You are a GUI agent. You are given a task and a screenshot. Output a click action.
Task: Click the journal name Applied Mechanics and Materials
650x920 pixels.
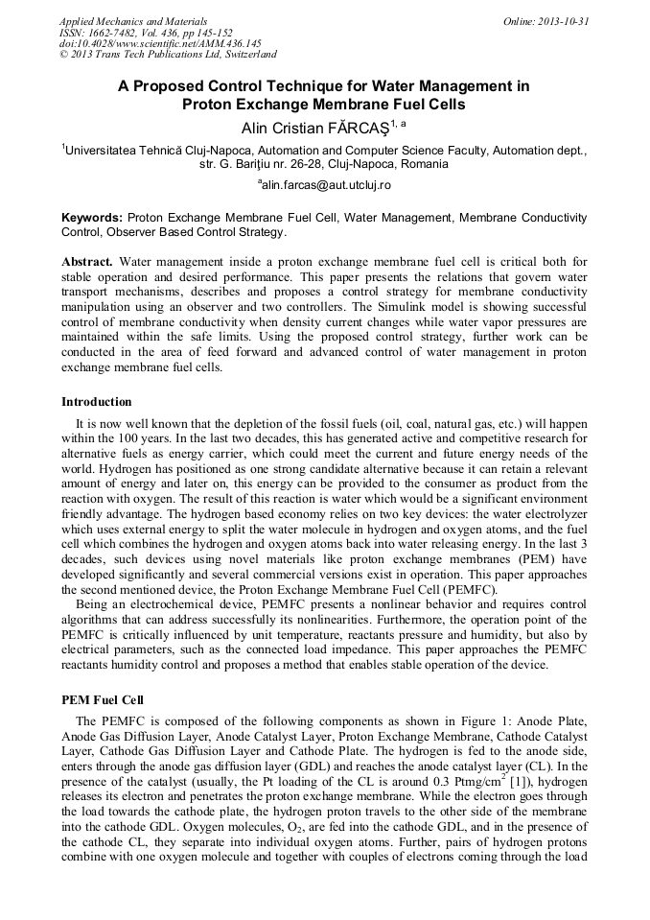tap(132, 21)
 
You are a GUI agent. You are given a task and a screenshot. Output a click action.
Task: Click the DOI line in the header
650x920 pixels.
tap(159, 44)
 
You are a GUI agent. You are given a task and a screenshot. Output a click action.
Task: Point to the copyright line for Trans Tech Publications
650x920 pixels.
tap(168, 56)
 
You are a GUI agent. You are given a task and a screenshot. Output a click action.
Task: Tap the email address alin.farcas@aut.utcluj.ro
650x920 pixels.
tap(325, 184)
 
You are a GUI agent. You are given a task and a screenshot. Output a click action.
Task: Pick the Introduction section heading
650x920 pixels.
tap(97, 401)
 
